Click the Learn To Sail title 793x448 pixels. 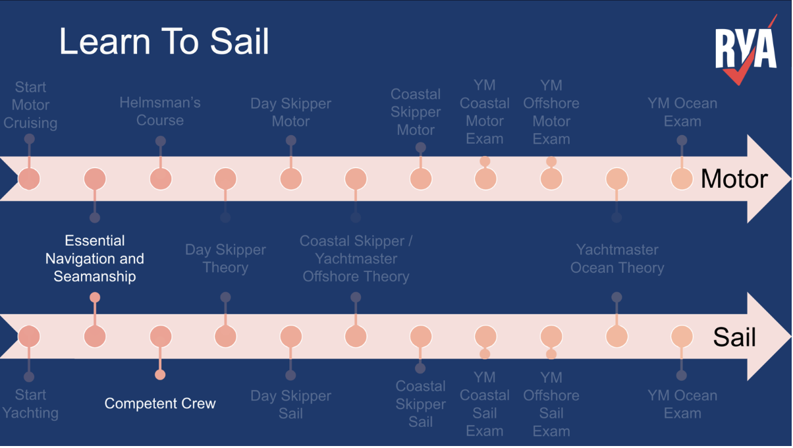(x=164, y=41)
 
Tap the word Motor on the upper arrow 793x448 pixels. (x=734, y=179)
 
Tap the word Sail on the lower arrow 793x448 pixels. (x=734, y=337)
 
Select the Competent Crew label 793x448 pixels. (x=160, y=403)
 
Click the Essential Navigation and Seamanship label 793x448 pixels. (x=95, y=258)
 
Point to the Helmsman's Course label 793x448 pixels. (x=160, y=111)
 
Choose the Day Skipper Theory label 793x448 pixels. (x=225, y=258)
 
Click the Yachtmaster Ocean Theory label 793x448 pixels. (x=617, y=258)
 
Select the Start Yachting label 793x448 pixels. (x=30, y=404)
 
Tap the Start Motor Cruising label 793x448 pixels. (x=30, y=105)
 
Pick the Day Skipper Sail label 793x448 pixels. (x=290, y=405)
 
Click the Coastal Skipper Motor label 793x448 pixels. (x=416, y=112)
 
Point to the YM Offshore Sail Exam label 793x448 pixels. (x=551, y=404)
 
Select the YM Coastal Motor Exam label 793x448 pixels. (x=485, y=112)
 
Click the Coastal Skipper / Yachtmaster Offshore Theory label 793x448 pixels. (x=356, y=258)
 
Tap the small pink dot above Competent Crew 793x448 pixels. (x=160, y=375)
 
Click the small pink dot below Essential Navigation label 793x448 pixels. (x=95, y=298)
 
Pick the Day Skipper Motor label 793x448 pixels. (x=290, y=112)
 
